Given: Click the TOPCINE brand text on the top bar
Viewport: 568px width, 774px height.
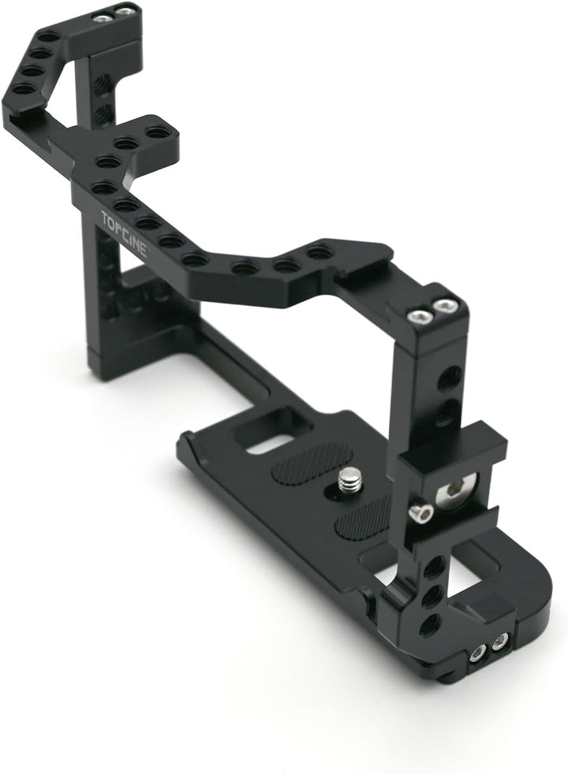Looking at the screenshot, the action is (125, 232).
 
